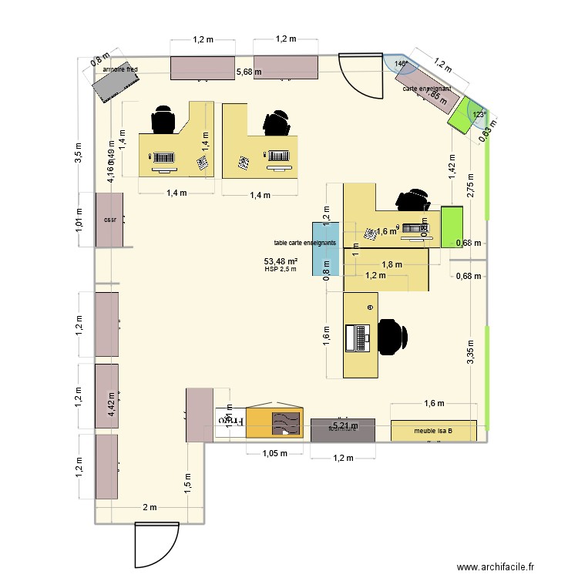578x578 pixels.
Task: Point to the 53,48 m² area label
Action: pyautogui.click(x=281, y=260)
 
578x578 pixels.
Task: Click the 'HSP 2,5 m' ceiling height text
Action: pyautogui.click(x=280, y=269)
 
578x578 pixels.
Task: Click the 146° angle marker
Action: pyautogui.click(x=400, y=64)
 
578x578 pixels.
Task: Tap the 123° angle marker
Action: pyautogui.click(x=479, y=115)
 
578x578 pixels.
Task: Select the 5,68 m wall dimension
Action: pyautogui.click(x=248, y=72)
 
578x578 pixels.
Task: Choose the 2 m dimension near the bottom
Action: pyautogui.click(x=149, y=507)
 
